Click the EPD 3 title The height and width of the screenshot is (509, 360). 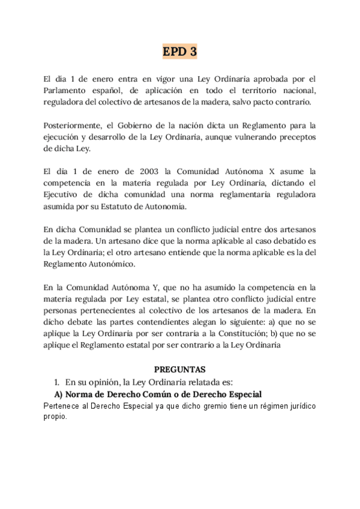click(x=180, y=52)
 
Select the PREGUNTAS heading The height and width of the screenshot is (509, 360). click(x=180, y=370)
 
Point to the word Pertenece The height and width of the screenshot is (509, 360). click(x=65, y=406)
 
